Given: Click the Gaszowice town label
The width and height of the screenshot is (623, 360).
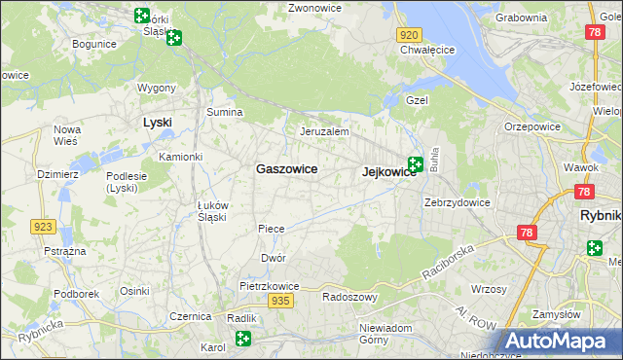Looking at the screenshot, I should pos(286,168).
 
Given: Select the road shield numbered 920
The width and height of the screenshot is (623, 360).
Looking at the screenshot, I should pos(409,34).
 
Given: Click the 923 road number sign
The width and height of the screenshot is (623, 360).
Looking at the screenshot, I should pos(43,227).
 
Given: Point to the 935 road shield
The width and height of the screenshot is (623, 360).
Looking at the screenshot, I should pos(281,302).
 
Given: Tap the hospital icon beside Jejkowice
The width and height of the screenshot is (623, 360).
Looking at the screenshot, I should pos(416,164).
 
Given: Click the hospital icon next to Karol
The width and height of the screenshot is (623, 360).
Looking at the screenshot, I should pos(242,339).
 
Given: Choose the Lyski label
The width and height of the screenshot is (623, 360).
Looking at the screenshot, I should pos(157,123).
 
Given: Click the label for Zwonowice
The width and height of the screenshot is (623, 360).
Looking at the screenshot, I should pos(313,8).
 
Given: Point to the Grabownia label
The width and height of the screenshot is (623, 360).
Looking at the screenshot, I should pos(521,18).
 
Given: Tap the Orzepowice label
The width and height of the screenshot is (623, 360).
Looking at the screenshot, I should pos(531,126).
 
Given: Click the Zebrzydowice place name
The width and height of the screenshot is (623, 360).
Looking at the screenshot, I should pos(457,202).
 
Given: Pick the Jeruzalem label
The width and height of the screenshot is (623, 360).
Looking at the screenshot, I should pos(324,131).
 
